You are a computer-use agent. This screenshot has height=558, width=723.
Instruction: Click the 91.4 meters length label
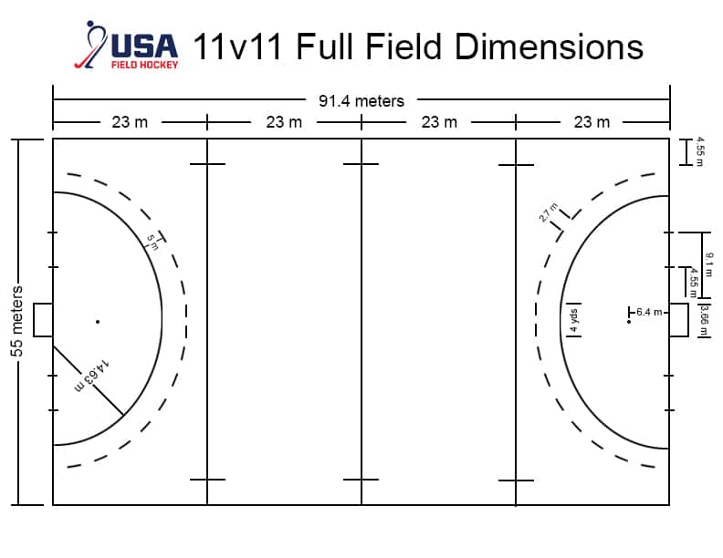click(x=361, y=101)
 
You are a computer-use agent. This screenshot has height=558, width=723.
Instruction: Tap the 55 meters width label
click(x=16, y=321)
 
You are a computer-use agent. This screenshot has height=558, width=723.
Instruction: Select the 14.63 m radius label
click(x=92, y=376)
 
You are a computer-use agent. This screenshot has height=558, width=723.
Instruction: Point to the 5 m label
click(x=152, y=243)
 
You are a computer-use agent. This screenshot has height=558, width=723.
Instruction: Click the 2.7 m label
click(x=549, y=212)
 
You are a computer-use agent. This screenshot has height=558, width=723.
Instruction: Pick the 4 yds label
click(x=573, y=320)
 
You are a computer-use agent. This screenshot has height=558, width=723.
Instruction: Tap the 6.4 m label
click(x=649, y=312)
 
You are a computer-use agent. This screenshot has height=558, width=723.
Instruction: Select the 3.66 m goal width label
click(x=704, y=320)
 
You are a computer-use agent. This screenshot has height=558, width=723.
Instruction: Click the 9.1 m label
click(x=709, y=264)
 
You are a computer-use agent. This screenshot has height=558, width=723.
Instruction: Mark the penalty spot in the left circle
click(x=98, y=321)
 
